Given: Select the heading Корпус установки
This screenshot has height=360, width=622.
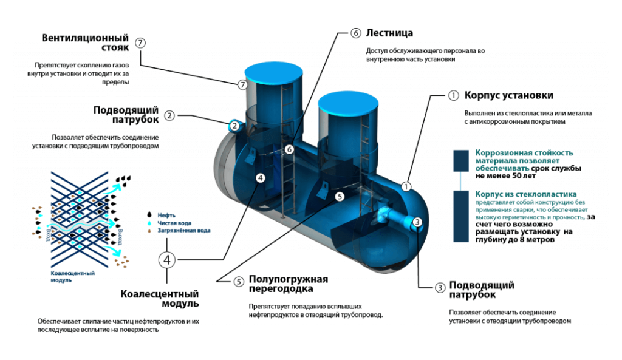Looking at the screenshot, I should pyautogui.click(x=508, y=95).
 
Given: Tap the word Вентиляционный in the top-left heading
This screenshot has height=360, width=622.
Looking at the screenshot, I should pyautogui.click(x=85, y=38).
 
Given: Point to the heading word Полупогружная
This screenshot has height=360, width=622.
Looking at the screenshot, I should pyautogui.click(x=289, y=279).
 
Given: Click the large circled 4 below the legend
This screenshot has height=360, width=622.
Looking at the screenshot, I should pyautogui.click(x=169, y=260).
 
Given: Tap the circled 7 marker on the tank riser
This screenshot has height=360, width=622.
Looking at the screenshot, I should pyautogui.click(x=243, y=84).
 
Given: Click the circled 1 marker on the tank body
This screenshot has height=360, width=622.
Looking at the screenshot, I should pyautogui.click(x=406, y=187).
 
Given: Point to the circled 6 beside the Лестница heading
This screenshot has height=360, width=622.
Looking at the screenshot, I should pyautogui.click(x=356, y=33).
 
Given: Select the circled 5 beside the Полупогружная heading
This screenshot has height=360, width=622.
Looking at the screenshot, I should pyautogui.click(x=239, y=282).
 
